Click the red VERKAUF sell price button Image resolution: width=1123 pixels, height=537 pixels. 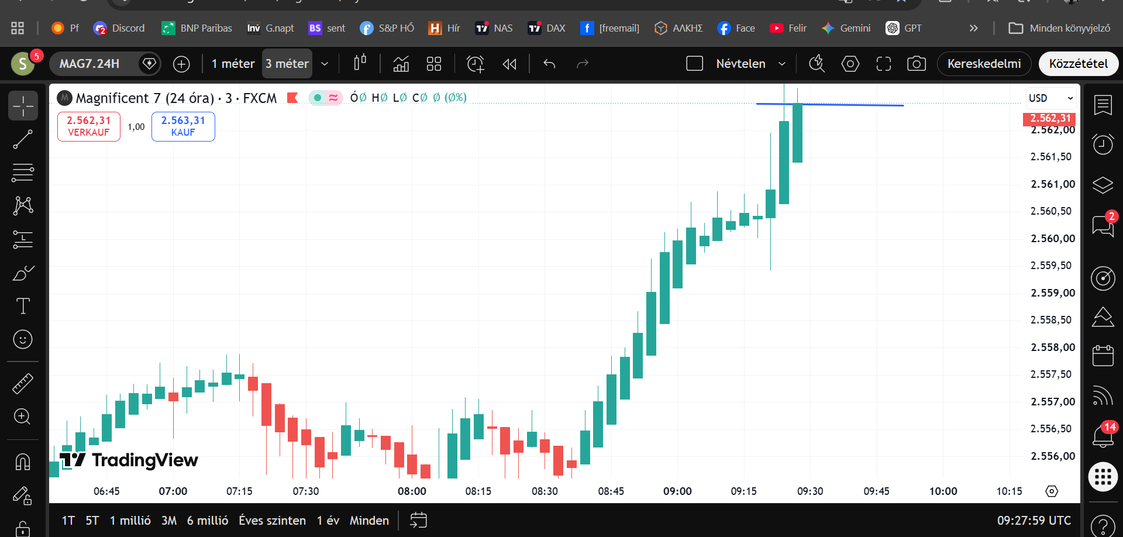tap(89, 126)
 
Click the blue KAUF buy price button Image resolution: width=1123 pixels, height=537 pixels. tap(183, 126)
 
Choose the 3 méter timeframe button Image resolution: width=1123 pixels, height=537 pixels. tap(287, 64)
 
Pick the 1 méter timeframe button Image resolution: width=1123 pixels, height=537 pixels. tap(233, 64)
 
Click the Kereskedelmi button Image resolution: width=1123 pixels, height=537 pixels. tap(984, 64)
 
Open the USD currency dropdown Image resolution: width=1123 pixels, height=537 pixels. tap(1051, 98)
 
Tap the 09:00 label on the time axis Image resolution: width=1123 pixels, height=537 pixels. tap(677, 491)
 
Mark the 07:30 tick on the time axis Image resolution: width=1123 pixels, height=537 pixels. tap(306, 491)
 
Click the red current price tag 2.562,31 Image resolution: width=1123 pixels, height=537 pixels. tap(1050, 119)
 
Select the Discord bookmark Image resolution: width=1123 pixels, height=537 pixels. tap(119, 28)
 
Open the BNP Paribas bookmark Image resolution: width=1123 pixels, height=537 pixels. tap(197, 28)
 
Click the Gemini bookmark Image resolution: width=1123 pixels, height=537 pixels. tap(846, 28)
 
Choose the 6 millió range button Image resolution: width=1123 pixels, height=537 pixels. tap(208, 521)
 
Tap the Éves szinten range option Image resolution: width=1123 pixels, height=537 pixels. tap(272, 521)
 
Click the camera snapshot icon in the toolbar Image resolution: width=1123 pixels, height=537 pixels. tap(917, 64)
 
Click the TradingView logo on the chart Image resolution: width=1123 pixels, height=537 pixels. tap(129, 460)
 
